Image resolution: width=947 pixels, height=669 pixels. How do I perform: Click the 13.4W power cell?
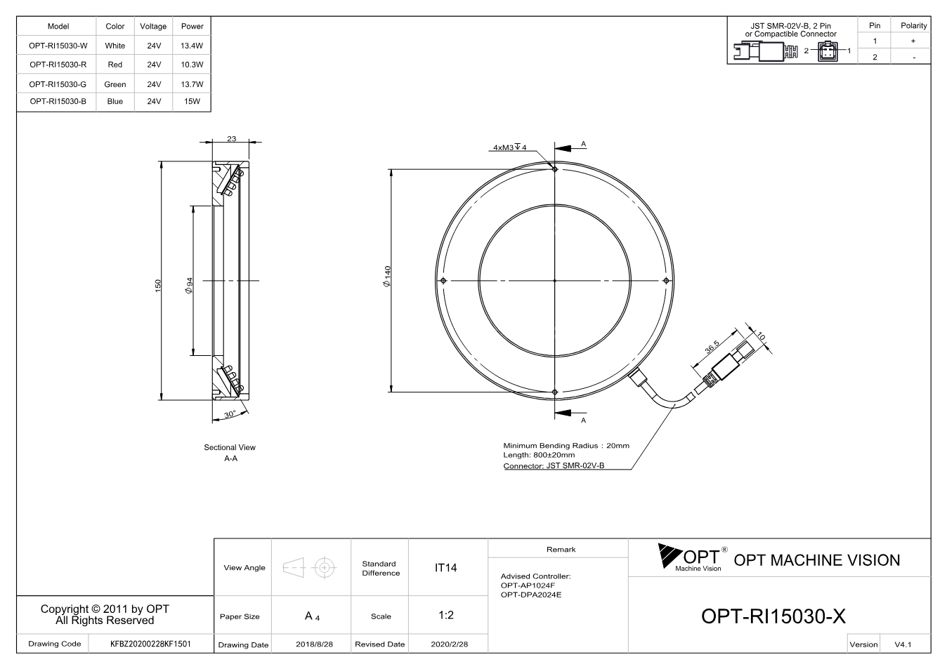[x=192, y=46]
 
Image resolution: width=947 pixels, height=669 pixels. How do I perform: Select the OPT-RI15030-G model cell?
[x=58, y=84]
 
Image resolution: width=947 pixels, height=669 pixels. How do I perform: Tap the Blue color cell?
[x=115, y=101]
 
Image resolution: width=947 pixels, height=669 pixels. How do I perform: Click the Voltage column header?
[x=153, y=26]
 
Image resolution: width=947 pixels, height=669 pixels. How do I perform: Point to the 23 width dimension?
[x=232, y=138]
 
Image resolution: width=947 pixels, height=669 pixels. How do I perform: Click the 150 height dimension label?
[x=158, y=286]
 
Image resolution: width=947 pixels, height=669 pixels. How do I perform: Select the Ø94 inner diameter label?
[x=189, y=286]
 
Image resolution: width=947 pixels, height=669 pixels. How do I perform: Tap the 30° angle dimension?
[x=230, y=414]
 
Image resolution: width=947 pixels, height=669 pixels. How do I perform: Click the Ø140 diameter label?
[x=387, y=277]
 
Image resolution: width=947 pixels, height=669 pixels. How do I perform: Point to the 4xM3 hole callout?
[x=510, y=147]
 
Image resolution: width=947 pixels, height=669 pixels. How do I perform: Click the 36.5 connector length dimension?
[x=712, y=346]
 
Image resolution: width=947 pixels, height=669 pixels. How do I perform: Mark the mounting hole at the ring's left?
[x=443, y=280]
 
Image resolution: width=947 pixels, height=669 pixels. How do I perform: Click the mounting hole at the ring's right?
[x=666, y=280]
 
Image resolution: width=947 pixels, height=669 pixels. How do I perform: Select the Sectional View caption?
[x=230, y=447]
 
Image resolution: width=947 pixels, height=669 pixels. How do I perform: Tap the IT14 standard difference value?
[x=445, y=568]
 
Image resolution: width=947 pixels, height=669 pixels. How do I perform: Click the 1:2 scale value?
[x=446, y=615]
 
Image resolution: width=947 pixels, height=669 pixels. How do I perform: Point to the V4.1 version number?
[x=903, y=644]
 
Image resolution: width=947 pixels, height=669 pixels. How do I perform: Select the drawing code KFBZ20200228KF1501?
[x=150, y=644]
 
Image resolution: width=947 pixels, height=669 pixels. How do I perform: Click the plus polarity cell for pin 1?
[x=913, y=41]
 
